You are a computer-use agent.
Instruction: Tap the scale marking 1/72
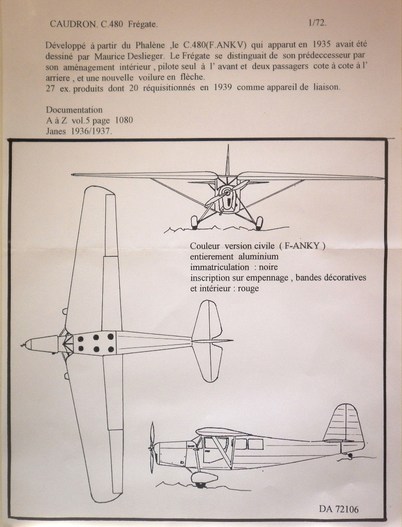click(317, 23)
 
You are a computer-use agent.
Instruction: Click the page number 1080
click(127, 120)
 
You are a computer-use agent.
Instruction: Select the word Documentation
click(74, 110)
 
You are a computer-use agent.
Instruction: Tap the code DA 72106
click(339, 509)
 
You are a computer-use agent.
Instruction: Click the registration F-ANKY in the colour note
click(302, 245)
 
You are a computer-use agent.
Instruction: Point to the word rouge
click(247, 288)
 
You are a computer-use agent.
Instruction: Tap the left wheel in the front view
click(194, 222)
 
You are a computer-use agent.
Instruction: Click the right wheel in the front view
click(259, 222)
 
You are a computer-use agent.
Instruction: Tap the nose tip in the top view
click(23, 344)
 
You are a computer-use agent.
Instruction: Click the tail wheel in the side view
click(350, 456)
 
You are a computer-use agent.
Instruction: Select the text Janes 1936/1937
click(79, 131)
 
